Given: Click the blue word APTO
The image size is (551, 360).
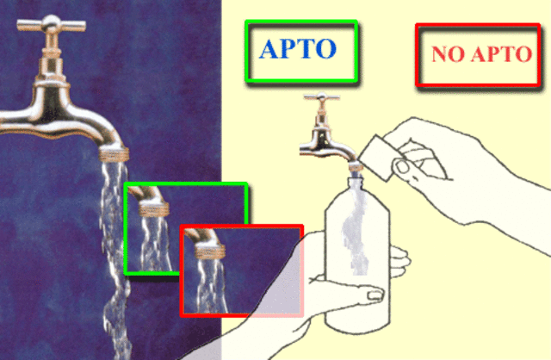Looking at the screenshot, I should coord(297,50).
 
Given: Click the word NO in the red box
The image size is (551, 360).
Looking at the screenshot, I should coord(447,55).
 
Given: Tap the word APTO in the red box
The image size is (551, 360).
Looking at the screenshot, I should coord(498,55).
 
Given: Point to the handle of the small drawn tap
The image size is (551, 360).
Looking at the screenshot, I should coord(321,101).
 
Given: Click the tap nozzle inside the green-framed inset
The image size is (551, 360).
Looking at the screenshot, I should coord(152,208).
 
